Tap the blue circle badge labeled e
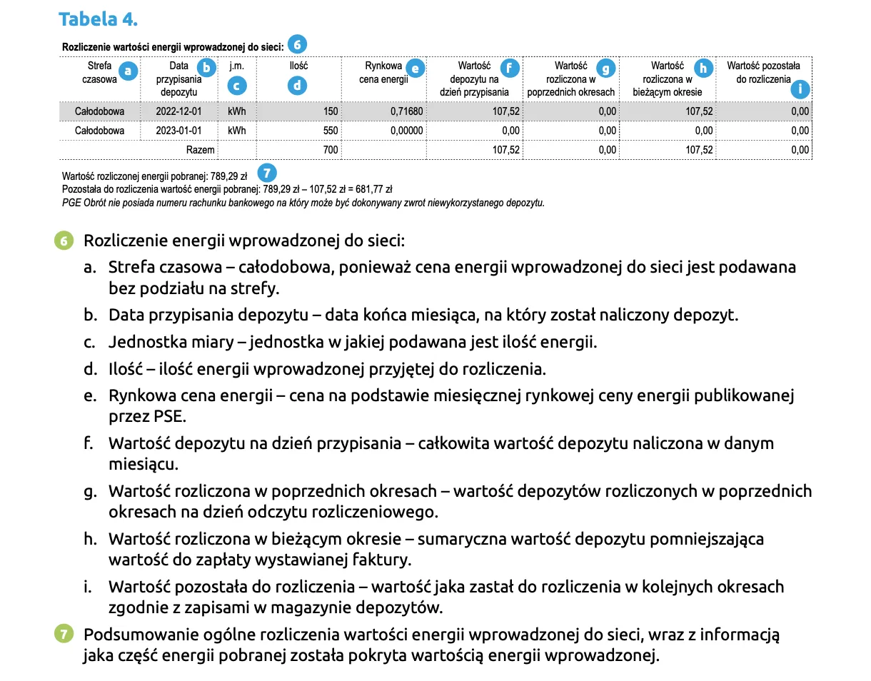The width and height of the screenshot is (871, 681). coord(415,68)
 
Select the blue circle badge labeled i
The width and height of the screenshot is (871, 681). coord(802,89)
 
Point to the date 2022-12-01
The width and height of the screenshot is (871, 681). coord(178,111)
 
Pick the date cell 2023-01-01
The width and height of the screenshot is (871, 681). coord(178,131)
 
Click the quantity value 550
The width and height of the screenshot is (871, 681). coord(330,131)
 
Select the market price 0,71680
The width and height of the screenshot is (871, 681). coord(407,111)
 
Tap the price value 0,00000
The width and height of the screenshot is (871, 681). coord(407,131)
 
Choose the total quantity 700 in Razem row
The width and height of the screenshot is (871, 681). coord(330,150)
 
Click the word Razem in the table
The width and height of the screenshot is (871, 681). coord(201,150)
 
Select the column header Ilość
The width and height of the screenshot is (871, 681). coord(298,66)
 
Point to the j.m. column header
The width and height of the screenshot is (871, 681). coord(236,66)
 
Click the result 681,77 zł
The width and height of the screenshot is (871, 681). coord(376,189)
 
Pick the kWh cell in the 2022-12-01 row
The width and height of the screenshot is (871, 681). coord(236,111)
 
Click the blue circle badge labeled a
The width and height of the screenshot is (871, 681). coord(128,71)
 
